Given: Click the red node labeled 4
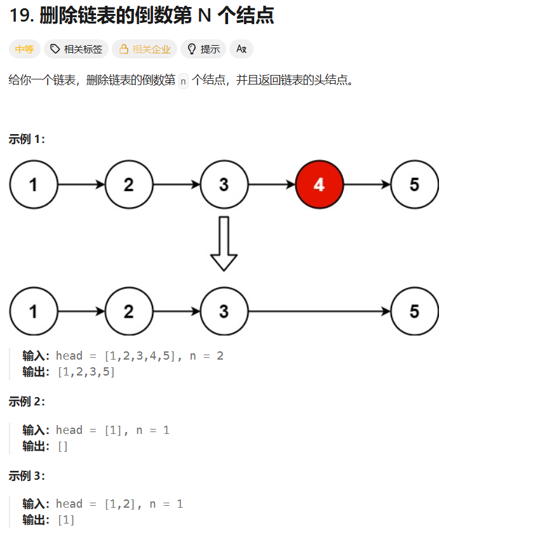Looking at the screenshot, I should click(x=320, y=185).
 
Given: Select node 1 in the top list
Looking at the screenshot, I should click(x=34, y=185).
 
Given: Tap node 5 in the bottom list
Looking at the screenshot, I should click(x=415, y=311).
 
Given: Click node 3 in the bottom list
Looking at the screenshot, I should click(x=224, y=311).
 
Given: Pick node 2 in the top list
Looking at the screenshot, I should click(x=129, y=185).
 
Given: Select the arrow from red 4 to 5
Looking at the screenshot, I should click(x=367, y=185).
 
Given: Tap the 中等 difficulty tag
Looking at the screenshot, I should click(x=25, y=49).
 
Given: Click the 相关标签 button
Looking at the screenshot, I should click(x=76, y=49).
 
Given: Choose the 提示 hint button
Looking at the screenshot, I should click(x=203, y=49).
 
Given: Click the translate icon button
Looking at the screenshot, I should click(x=241, y=49).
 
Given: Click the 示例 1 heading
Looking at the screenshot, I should click(x=27, y=139).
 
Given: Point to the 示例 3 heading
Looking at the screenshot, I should click(x=27, y=476).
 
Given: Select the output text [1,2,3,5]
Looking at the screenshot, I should click(x=86, y=372).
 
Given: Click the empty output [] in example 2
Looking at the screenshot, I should click(x=62, y=447).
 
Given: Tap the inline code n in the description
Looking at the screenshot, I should click(x=184, y=81).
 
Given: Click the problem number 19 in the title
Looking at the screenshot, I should click(x=22, y=16).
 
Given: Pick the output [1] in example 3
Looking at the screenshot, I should click(x=66, y=520).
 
